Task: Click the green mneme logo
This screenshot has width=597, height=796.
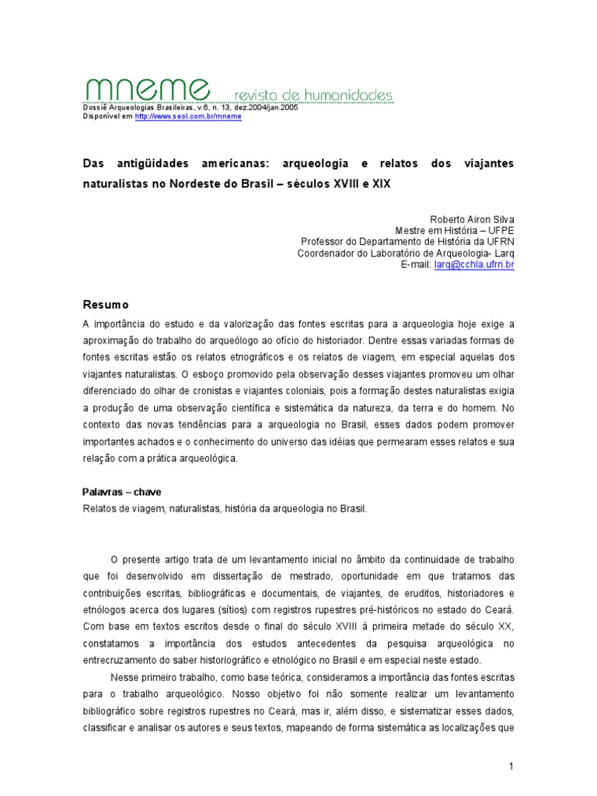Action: [145, 89]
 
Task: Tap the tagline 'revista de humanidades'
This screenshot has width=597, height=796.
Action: [314, 95]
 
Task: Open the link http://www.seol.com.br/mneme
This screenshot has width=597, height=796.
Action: [188, 116]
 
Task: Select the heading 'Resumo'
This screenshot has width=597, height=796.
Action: [106, 304]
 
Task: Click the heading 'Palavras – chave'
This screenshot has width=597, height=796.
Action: [121, 493]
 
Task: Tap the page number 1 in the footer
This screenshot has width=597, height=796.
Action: [511, 767]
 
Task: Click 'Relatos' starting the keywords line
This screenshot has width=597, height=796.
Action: [99, 508]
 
